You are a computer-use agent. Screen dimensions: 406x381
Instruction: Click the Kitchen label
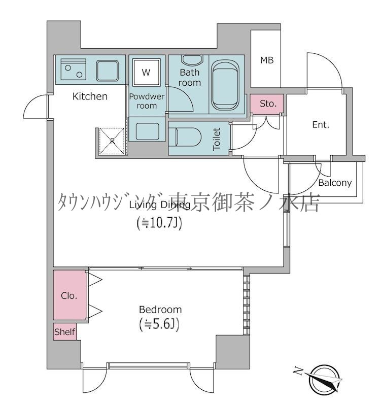click(90, 96)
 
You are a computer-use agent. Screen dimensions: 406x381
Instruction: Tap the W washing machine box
click(146, 72)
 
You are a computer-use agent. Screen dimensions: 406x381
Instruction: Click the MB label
click(267, 60)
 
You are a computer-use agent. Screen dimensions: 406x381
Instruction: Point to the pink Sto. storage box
click(268, 104)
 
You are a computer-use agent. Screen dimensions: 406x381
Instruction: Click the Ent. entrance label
click(321, 125)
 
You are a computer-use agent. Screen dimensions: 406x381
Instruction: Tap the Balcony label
click(335, 183)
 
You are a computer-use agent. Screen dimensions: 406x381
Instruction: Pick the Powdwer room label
click(143, 101)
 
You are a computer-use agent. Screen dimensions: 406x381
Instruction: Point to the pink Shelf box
click(65, 332)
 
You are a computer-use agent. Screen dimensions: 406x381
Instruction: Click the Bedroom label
click(160, 309)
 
